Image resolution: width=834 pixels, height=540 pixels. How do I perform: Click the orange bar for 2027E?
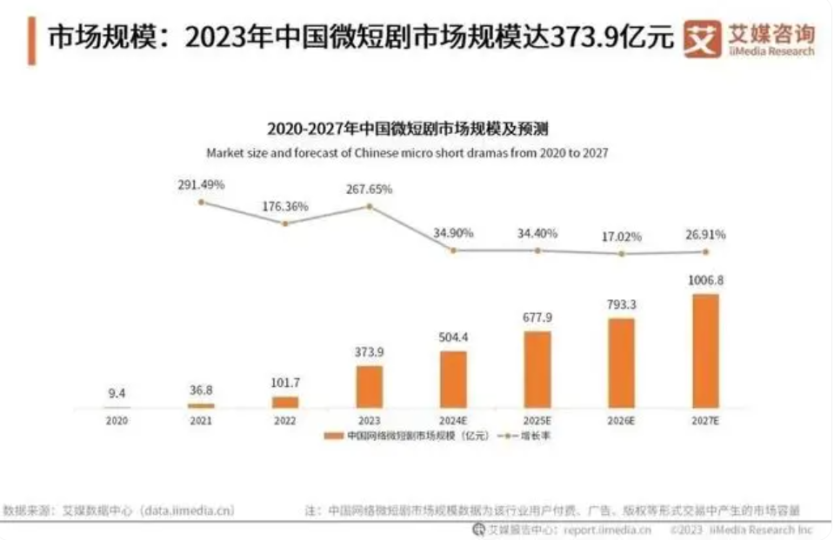(x=705, y=350)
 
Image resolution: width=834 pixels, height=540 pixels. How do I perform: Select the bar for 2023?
(x=369, y=386)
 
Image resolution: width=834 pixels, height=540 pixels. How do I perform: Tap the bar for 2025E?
(x=537, y=369)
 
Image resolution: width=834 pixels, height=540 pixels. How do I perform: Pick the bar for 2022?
(x=284, y=402)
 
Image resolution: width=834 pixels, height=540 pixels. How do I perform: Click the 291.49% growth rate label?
(x=201, y=185)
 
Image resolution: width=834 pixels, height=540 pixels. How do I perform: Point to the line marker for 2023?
(x=369, y=206)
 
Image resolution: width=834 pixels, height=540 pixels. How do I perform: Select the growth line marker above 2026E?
(x=622, y=254)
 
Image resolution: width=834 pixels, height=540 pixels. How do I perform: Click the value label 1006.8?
(x=705, y=282)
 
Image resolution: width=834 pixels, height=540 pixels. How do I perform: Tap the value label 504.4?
(x=453, y=338)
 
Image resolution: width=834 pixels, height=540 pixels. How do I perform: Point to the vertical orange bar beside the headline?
(x=32, y=39)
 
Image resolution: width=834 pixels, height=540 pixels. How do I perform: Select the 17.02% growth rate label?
(x=622, y=236)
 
